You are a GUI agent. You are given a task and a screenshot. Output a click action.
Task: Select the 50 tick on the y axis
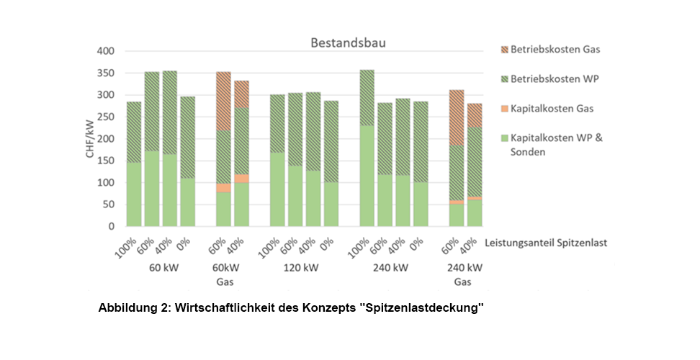pyautogui.click(x=107, y=204)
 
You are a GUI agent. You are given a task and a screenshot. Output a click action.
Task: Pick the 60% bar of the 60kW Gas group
pyautogui.click(x=223, y=149)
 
